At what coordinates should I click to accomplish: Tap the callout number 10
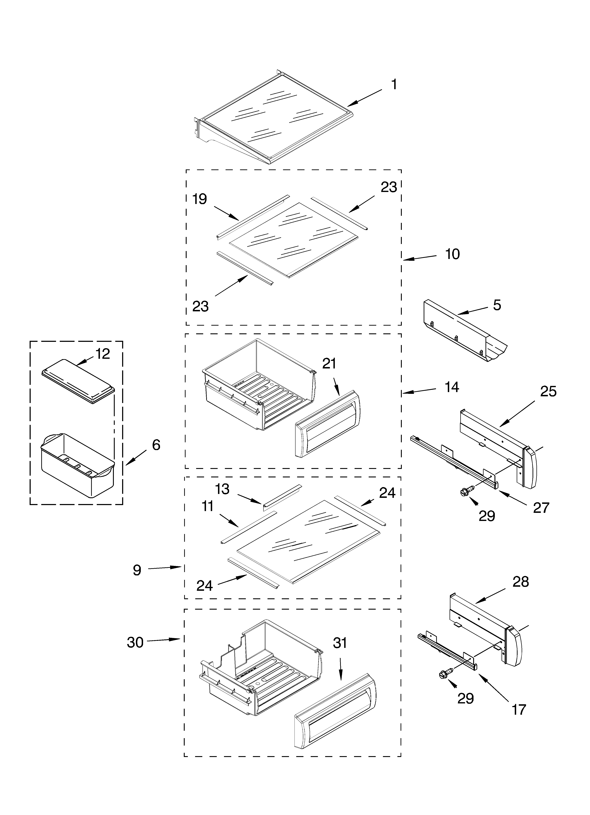(452, 254)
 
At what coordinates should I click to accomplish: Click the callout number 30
(135, 642)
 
